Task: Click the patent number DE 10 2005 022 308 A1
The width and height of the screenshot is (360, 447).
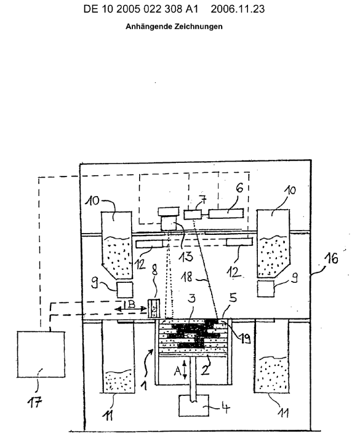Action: pyautogui.click(x=141, y=9)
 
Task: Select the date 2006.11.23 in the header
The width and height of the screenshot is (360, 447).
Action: pyautogui.click(x=238, y=9)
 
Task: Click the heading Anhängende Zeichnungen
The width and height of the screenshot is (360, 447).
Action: pyautogui.click(x=174, y=26)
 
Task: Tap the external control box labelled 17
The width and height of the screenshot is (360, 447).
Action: pyautogui.click(x=41, y=354)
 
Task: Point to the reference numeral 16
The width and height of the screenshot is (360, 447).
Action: pyautogui.click(x=332, y=259)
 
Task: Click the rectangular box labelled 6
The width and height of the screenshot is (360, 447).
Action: pyautogui.click(x=226, y=213)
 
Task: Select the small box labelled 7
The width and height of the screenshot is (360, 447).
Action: pyautogui.click(x=192, y=215)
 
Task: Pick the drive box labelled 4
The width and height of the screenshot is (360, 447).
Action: pyautogui.click(x=194, y=405)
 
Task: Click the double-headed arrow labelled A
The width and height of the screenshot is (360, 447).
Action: pyautogui.click(x=185, y=370)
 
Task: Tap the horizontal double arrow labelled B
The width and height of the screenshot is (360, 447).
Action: pyautogui.click(x=130, y=309)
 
